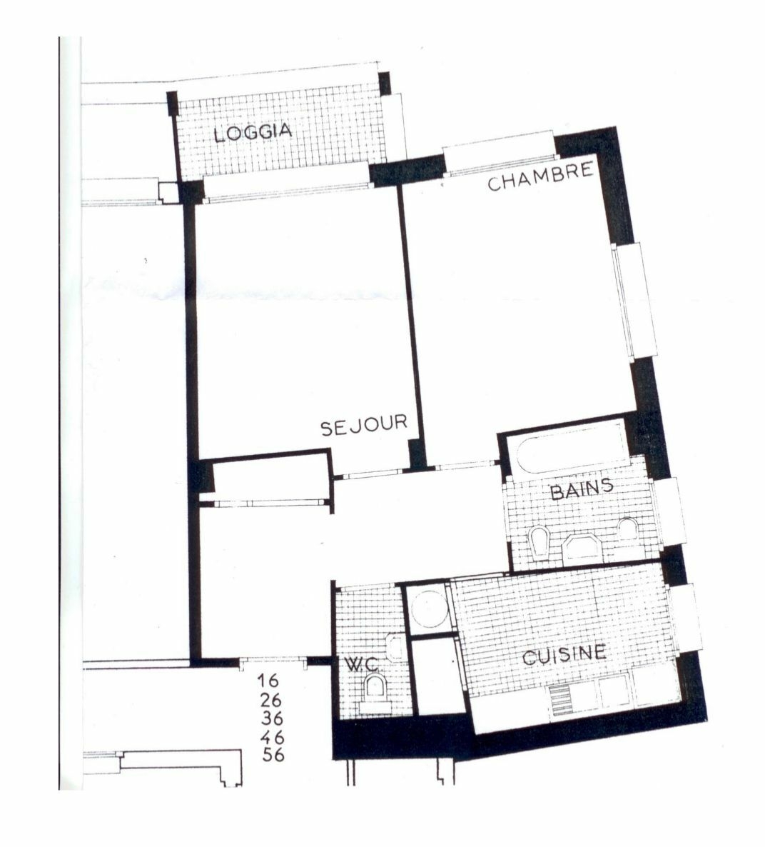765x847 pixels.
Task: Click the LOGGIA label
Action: [253, 132]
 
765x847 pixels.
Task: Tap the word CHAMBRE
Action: [540, 176]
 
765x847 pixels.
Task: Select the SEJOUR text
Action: [363, 425]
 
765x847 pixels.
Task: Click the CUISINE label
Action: [564, 655]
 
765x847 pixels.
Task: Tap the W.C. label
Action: [363, 664]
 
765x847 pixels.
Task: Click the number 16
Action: [268, 680]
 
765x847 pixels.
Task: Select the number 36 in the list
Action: [272, 718]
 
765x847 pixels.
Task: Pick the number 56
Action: [273, 755]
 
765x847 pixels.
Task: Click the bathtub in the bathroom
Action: [573, 448]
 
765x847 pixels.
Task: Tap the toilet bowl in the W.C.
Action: [376, 688]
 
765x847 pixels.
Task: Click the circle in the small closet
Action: [429, 608]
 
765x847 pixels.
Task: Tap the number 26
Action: [270, 700]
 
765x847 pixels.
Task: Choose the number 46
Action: [272, 737]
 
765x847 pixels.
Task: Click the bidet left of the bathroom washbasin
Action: [539, 543]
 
